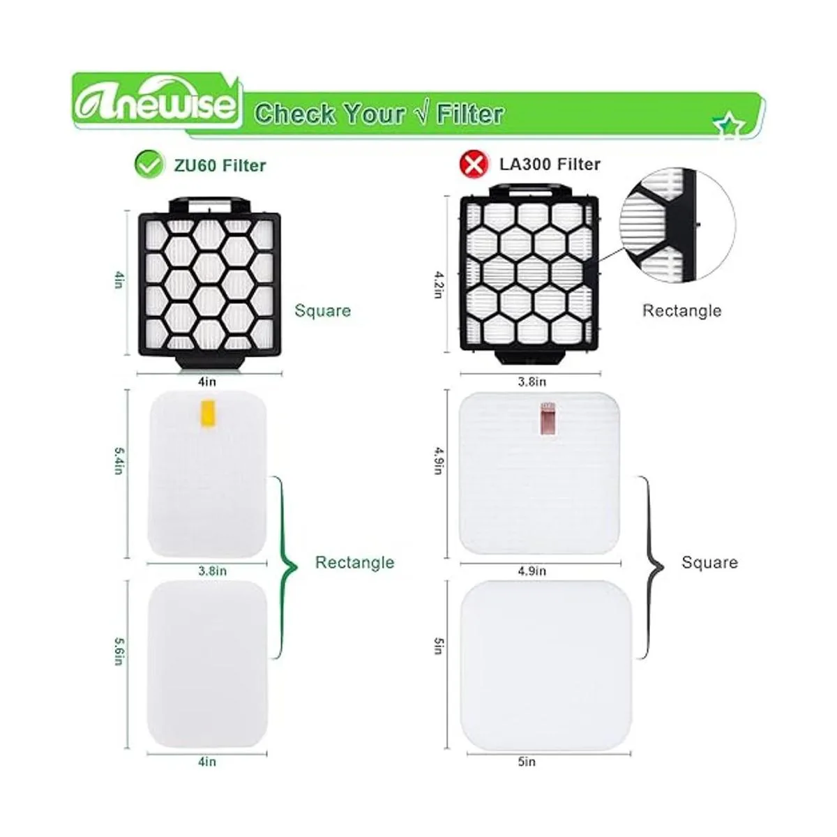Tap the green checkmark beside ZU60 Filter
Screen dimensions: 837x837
click(x=149, y=165)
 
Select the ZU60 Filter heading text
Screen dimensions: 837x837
click(x=220, y=165)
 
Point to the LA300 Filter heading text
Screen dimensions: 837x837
click(x=550, y=164)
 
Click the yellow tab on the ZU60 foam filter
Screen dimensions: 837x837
click(x=208, y=413)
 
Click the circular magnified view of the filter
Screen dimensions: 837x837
click(x=677, y=225)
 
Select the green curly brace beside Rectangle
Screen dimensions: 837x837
click(x=285, y=567)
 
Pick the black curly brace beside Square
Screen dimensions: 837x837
click(x=651, y=567)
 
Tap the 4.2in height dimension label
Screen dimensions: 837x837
click(x=439, y=285)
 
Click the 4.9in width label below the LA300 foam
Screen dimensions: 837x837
click(x=531, y=571)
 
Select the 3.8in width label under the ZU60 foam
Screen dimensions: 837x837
click(x=213, y=571)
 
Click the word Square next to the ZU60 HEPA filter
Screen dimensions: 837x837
click(x=322, y=310)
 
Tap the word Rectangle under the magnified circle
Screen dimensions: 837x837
click(x=681, y=310)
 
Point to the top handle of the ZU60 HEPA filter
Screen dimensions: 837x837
click(x=209, y=204)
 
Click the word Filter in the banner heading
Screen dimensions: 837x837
click(x=470, y=114)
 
